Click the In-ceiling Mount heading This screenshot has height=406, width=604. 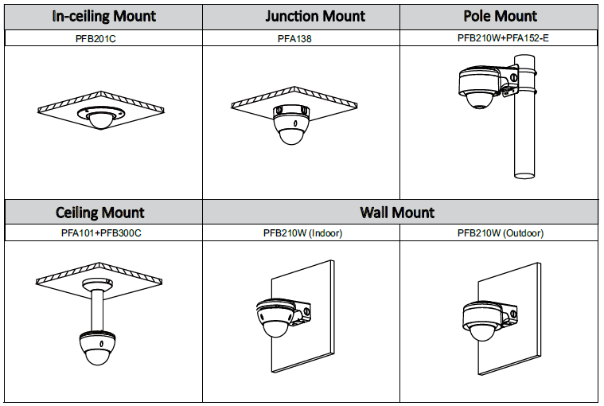104,16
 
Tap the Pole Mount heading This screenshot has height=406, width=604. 500,16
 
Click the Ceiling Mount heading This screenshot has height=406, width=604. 100,212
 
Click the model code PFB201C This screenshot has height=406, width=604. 103,37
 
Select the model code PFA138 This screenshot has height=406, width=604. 301,37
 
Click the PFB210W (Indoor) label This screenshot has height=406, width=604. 302,233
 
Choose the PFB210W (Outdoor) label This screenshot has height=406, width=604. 500,233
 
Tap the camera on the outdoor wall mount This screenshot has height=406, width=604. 480,322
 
